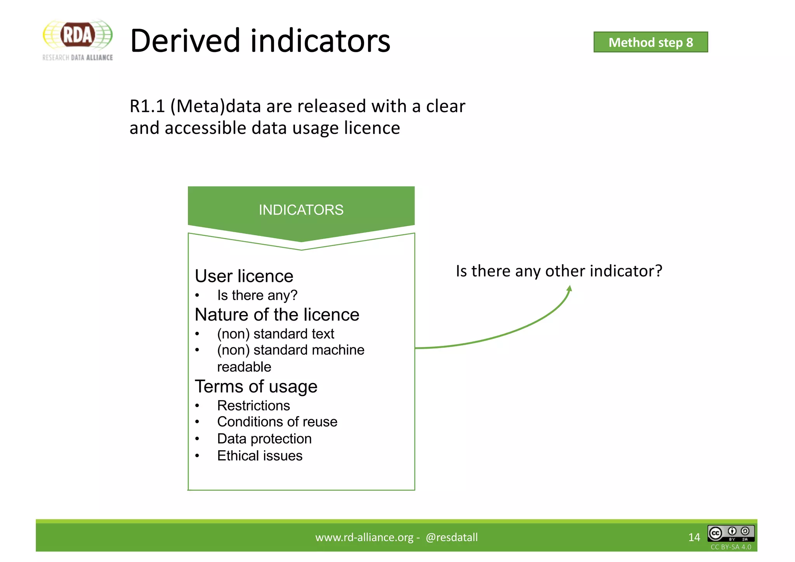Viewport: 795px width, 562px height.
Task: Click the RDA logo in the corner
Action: point(78,39)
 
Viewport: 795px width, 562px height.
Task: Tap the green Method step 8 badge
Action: point(651,42)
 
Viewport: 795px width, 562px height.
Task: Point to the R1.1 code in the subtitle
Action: point(147,106)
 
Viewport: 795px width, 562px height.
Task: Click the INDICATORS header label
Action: point(301,210)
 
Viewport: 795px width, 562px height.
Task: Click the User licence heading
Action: point(244,276)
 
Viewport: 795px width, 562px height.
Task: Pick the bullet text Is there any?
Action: point(257,295)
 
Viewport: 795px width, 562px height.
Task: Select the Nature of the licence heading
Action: point(277,314)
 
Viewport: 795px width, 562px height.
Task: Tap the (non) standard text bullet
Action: point(275,334)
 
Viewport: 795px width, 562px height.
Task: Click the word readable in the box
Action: point(244,367)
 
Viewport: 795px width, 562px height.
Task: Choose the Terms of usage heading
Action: point(256,387)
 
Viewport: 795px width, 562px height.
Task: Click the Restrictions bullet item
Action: point(253,406)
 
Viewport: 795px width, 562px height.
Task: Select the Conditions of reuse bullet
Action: point(277,422)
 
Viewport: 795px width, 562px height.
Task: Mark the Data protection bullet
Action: point(264,439)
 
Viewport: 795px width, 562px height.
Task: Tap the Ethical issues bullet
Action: point(259,456)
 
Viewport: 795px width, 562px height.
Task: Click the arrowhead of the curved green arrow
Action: point(569,288)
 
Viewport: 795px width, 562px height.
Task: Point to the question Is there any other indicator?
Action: point(559,271)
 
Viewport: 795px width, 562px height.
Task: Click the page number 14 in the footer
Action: point(694,537)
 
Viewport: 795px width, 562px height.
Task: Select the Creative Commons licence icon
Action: point(731,533)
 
